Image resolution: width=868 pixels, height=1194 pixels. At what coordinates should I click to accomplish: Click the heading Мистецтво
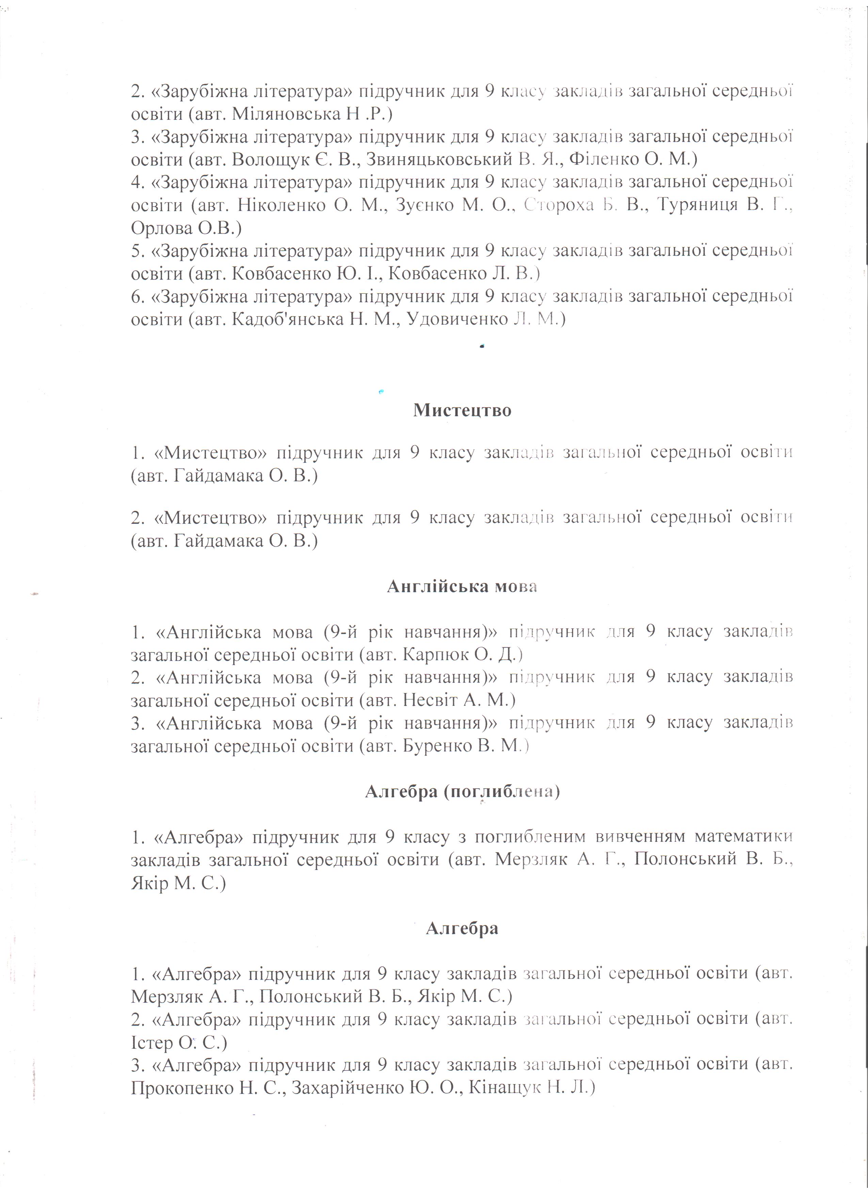point(462,410)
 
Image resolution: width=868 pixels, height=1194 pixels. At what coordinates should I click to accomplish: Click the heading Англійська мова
point(462,586)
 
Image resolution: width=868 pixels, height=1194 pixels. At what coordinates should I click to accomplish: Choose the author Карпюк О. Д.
point(461,655)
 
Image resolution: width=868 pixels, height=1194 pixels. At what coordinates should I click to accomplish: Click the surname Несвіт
point(433,700)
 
